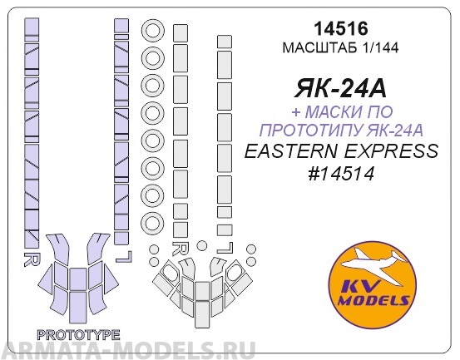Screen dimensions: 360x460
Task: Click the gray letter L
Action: point(224,247)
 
